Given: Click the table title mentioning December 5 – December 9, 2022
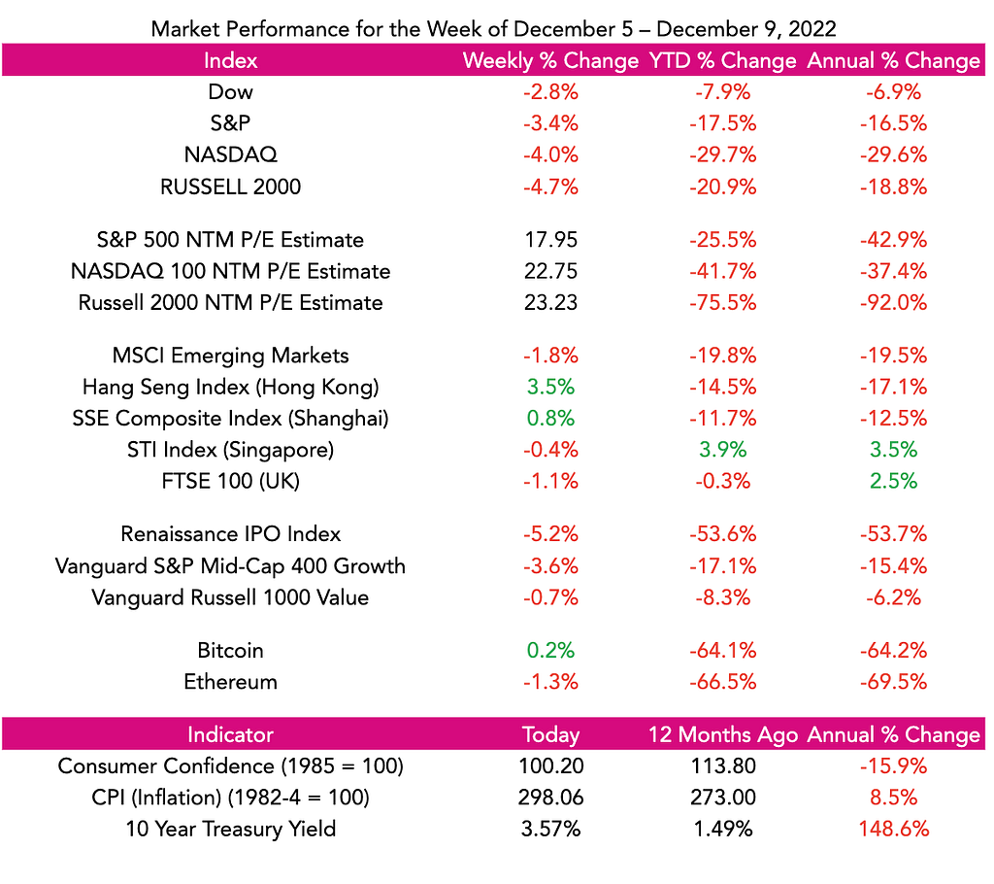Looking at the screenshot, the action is click(x=493, y=29).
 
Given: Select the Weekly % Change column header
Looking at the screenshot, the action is click(x=550, y=60).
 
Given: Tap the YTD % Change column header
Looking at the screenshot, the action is click(x=722, y=60).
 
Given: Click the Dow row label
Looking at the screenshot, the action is click(x=231, y=92).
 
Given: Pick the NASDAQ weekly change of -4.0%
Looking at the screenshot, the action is click(x=550, y=154).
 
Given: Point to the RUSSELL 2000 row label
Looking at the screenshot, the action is click(x=231, y=187).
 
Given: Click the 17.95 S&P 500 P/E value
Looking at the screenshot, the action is click(x=550, y=240).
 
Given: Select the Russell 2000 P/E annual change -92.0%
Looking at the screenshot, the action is click(x=893, y=303).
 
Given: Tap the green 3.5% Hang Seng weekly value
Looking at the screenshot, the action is click(x=550, y=387).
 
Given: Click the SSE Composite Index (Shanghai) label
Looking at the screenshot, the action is click(x=231, y=419).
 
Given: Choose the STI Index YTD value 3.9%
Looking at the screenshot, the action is click(x=722, y=450).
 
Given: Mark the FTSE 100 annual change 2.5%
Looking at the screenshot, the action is click(x=893, y=481).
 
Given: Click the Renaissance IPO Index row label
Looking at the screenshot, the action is click(x=231, y=534).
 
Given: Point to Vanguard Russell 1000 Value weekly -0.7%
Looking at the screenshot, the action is click(x=550, y=597).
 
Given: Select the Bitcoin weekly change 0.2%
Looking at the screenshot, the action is click(x=550, y=651).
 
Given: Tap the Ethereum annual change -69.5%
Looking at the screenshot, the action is click(x=893, y=682).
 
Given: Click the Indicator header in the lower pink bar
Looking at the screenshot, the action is click(x=231, y=734).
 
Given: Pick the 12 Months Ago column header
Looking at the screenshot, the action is click(x=722, y=734).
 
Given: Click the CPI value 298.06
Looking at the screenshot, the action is click(x=550, y=798).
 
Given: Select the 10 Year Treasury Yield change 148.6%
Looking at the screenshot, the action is click(x=893, y=829).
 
